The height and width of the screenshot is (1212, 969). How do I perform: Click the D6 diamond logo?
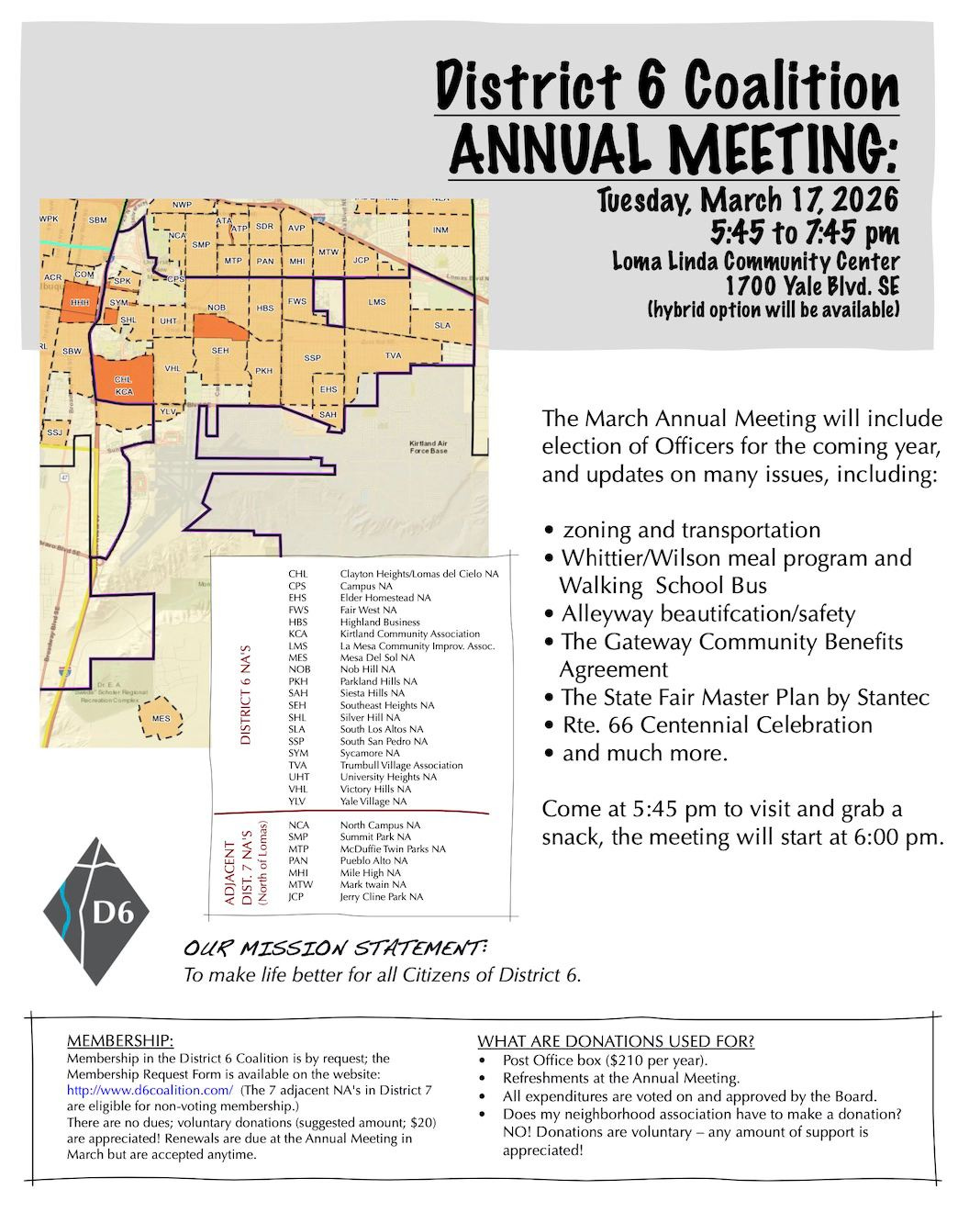coord(95,911)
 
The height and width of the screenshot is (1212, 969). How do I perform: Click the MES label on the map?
coord(161,719)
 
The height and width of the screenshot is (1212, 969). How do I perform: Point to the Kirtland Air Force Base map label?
coord(428,447)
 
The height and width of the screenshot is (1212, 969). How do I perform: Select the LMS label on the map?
coord(377,302)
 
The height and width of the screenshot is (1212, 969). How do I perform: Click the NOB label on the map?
coord(217,308)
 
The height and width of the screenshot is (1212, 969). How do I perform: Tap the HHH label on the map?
coord(79,302)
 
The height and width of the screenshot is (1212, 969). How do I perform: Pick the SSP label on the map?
coord(313,357)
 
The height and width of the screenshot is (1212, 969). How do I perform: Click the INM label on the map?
coord(440,230)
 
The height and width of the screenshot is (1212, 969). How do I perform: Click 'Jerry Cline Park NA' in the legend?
coord(382,896)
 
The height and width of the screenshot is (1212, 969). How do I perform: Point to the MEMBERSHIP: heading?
coord(119,1040)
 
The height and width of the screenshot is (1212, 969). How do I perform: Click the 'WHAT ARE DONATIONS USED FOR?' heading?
coord(616,1041)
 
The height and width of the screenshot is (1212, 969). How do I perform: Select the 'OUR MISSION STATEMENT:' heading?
coord(336,948)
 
